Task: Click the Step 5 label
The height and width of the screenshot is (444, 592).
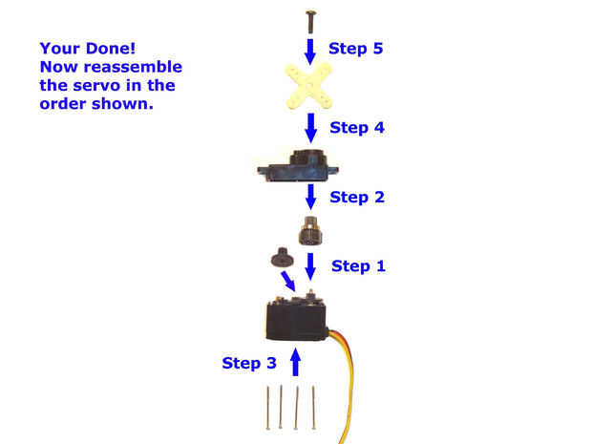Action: click(x=355, y=48)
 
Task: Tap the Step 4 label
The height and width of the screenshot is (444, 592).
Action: click(x=356, y=127)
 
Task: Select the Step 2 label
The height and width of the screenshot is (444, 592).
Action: click(x=356, y=198)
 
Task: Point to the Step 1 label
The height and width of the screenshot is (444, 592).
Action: click(x=358, y=265)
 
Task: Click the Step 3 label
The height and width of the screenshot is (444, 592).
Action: click(x=249, y=363)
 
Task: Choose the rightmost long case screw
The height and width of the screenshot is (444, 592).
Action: click(x=313, y=408)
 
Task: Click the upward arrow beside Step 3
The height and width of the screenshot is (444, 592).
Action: click(x=295, y=362)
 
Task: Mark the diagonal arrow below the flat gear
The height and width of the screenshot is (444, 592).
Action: click(x=287, y=282)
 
